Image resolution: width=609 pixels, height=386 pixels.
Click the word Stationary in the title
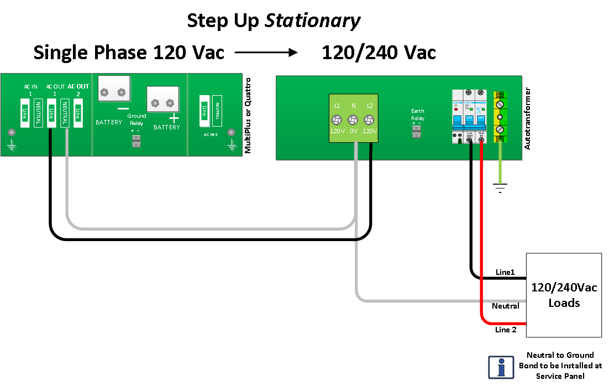[x=313, y=21]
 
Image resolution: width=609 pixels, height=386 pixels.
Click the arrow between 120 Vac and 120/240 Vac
[x=266, y=53]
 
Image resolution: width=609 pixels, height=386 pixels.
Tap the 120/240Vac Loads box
[x=564, y=295]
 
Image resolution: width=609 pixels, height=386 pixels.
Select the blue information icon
[x=501, y=367]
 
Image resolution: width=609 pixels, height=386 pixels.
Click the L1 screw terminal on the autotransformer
[x=337, y=119]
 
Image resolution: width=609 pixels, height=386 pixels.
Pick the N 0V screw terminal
[x=353, y=119]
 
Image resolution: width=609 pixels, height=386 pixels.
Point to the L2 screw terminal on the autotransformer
[x=369, y=119]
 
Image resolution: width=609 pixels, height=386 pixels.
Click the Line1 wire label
[x=505, y=273]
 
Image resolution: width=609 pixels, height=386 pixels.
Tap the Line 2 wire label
[x=506, y=330]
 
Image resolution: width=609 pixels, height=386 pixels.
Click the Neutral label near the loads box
[x=505, y=306]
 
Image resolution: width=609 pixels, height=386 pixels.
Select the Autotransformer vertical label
[x=527, y=118]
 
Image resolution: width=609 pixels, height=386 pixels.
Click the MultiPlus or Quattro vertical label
[x=248, y=116]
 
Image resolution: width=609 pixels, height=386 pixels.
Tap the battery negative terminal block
[x=114, y=89]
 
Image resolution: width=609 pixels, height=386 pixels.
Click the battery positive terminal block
[x=163, y=101]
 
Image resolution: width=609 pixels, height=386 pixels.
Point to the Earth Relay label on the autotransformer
[x=417, y=114]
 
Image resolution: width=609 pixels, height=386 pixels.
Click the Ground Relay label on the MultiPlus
[x=136, y=119]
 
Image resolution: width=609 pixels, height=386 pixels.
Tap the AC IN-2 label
[x=210, y=134]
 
